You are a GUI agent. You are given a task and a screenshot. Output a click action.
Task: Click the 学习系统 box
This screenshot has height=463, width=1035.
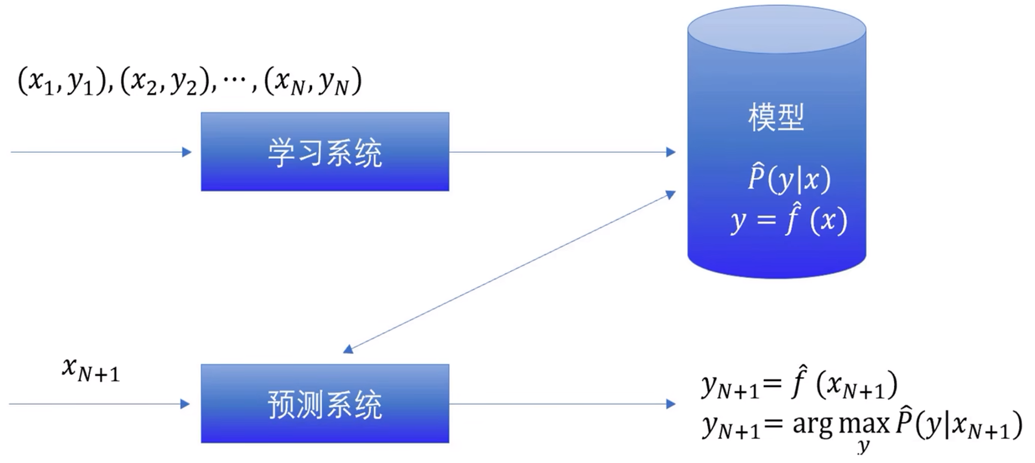pyautogui.click(x=325, y=152)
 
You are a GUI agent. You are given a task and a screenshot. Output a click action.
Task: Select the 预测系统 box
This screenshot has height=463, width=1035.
pyautogui.click(x=325, y=404)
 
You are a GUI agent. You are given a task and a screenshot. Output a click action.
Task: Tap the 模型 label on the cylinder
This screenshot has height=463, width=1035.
pyautogui.click(x=776, y=117)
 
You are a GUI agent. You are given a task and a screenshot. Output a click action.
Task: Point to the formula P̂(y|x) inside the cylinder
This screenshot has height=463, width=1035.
pyautogui.click(x=789, y=178)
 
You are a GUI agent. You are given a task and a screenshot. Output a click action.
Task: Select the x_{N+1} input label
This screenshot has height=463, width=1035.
pyautogui.click(x=91, y=370)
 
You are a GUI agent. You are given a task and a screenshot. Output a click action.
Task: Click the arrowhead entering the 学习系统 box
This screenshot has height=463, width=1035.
pyautogui.click(x=187, y=152)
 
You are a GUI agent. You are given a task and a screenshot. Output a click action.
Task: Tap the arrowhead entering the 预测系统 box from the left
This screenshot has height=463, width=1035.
pyautogui.click(x=185, y=404)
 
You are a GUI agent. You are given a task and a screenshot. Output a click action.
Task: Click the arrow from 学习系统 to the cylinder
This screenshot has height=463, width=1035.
pyautogui.click(x=562, y=152)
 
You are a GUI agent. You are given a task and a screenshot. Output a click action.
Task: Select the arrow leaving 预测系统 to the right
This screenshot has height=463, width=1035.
pyautogui.click(x=562, y=404)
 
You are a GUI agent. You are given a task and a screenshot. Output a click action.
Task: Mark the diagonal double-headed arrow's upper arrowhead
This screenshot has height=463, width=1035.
pyautogui.click(x=671, y=195)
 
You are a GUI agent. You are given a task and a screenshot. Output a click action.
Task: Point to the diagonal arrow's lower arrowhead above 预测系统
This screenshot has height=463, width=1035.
pyautogui.click(x=348, y=349)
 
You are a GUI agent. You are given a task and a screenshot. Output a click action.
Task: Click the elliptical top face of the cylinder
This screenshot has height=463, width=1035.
pyautogui.click(x=777, y=29)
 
